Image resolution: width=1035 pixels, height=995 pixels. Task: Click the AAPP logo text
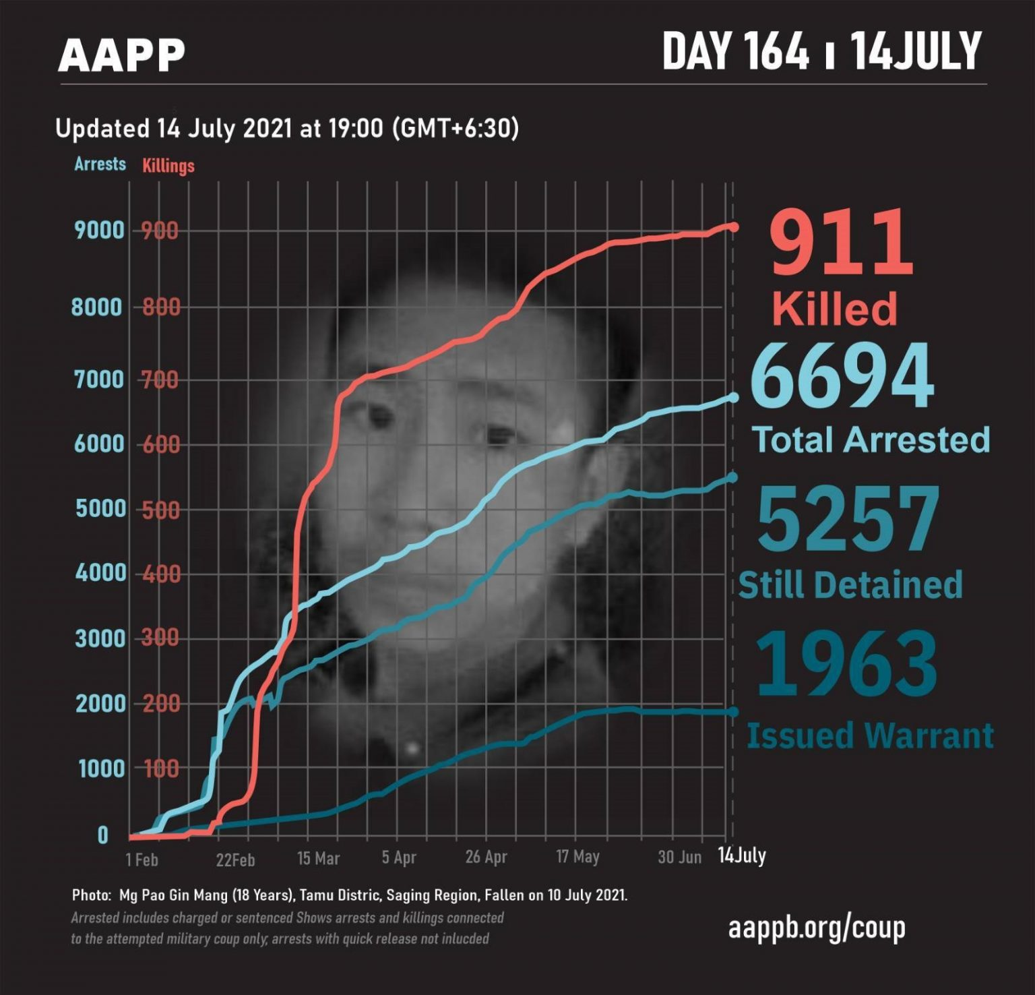pos(121,55)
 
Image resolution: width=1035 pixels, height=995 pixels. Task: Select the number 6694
pos(842,376)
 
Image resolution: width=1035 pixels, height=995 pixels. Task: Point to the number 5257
pos(848,520)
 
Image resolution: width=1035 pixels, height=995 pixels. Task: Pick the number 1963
pos(846,663)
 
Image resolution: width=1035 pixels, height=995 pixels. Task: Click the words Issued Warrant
pos(870,735)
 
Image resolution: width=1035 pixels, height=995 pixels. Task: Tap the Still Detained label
pos(850,584)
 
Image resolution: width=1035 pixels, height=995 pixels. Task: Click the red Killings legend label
pos(168,166)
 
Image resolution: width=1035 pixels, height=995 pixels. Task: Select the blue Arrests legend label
pos(100,164)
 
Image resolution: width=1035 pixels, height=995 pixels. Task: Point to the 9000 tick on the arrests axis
pos(100,231)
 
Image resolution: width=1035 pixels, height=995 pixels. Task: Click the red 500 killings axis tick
pos(160,510)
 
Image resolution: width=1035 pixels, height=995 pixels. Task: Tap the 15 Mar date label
pos(318,859)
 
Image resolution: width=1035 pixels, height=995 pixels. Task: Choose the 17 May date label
pos(577,857)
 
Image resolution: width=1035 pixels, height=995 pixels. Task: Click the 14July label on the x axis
pos(741,855)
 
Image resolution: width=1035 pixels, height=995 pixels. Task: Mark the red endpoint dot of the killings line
pos(733,227)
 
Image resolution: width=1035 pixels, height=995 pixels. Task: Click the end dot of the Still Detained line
pos(733,478)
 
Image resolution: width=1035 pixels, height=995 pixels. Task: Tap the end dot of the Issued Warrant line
pos(733,712)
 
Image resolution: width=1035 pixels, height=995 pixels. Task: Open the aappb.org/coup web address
pos(816,928)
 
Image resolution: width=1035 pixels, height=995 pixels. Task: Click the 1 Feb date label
pos(142,860)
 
